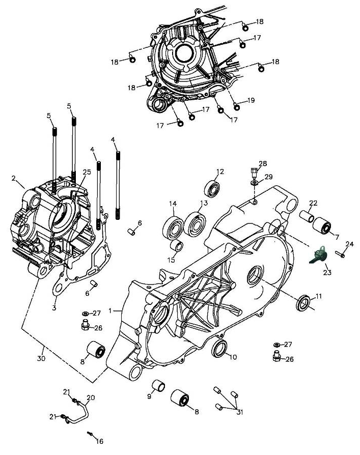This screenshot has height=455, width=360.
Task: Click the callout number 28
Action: coord(263,164)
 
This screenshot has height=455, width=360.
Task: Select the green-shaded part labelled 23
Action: coord(318,255)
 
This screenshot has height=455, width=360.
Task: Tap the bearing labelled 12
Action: coord(211,189)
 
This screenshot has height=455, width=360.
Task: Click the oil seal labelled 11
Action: coord(303,303)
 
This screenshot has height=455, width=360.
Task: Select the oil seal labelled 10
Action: coord(220,349)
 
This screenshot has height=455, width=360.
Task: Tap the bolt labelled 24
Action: coord(340,254)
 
